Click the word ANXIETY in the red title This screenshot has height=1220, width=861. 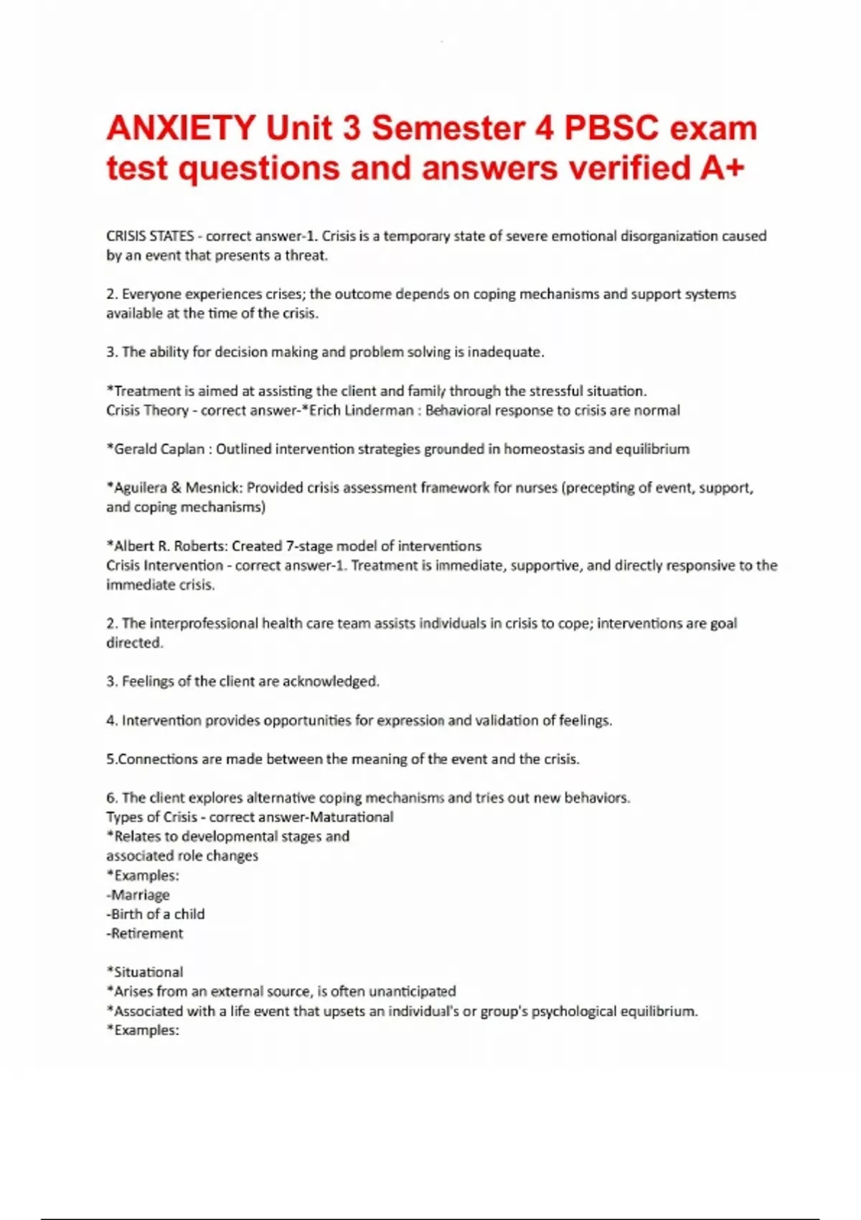[181, 128]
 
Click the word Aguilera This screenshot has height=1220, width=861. [141, 488]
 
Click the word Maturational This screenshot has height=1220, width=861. [351, 817]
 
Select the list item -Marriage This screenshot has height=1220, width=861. [138, 895]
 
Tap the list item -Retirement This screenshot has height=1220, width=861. [145, 934]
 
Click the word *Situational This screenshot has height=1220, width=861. [145, 972]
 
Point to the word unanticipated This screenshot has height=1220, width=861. [412, 992]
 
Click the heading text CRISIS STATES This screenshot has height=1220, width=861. [150, 236]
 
